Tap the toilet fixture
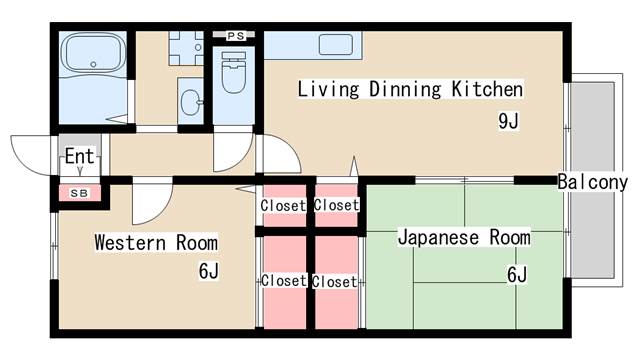[x=233, y=72]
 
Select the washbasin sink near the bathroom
[x=191, y=101]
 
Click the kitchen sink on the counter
[x=336, y=44]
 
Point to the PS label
[x=236, y=36]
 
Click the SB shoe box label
[x=79, y=193]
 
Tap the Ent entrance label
[x=79, y=156]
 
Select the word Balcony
[x=592, y=182]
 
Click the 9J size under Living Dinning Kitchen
[x=508, y=120]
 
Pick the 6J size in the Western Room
[x=209, y=271]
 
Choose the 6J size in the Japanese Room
[x=517, y=274]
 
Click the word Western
[x=130, y=242]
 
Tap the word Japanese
[x=438, y=238]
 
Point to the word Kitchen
[x=487, y=89]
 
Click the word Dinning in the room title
[x=405, y=89]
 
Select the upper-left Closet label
[x=283, y=205]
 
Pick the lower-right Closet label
[x=334, y=282]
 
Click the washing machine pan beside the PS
[x=186, y=48]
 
